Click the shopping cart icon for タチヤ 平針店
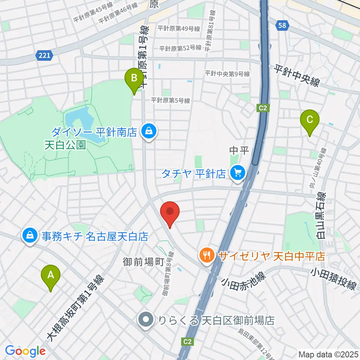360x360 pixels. [x=237, y=173]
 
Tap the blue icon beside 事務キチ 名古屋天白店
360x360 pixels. [x=29, y=236]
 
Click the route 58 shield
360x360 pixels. [x=283, y=25]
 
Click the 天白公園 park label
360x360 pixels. [x=66, y=145]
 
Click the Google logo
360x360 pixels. [x=25, y=351]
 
